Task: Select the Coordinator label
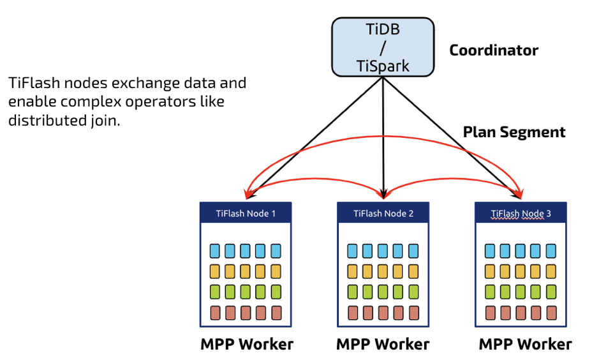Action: (x=494, y=50)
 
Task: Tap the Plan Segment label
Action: (x=514, y=132)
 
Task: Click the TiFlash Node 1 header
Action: (x=246, y=213)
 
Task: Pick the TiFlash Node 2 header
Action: (x=383, y=213)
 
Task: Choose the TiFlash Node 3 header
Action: (x=521, y=213)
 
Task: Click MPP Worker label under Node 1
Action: (x=247, y=345)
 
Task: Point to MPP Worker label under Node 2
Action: (x=383, y=345)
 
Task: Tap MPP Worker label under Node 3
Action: (x=525, y=345)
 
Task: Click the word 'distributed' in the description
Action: (x=41, y=120)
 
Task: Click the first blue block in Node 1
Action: (x=215, y=250)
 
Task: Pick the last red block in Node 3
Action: (x=551, y=313)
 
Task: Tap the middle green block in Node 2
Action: (x=383, y=292)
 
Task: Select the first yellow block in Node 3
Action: (x=490, y=271)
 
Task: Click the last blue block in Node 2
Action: (x=413, y=250)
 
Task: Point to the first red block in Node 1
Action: (x=215, y=313)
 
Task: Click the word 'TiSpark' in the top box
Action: (x=383, y=65)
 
